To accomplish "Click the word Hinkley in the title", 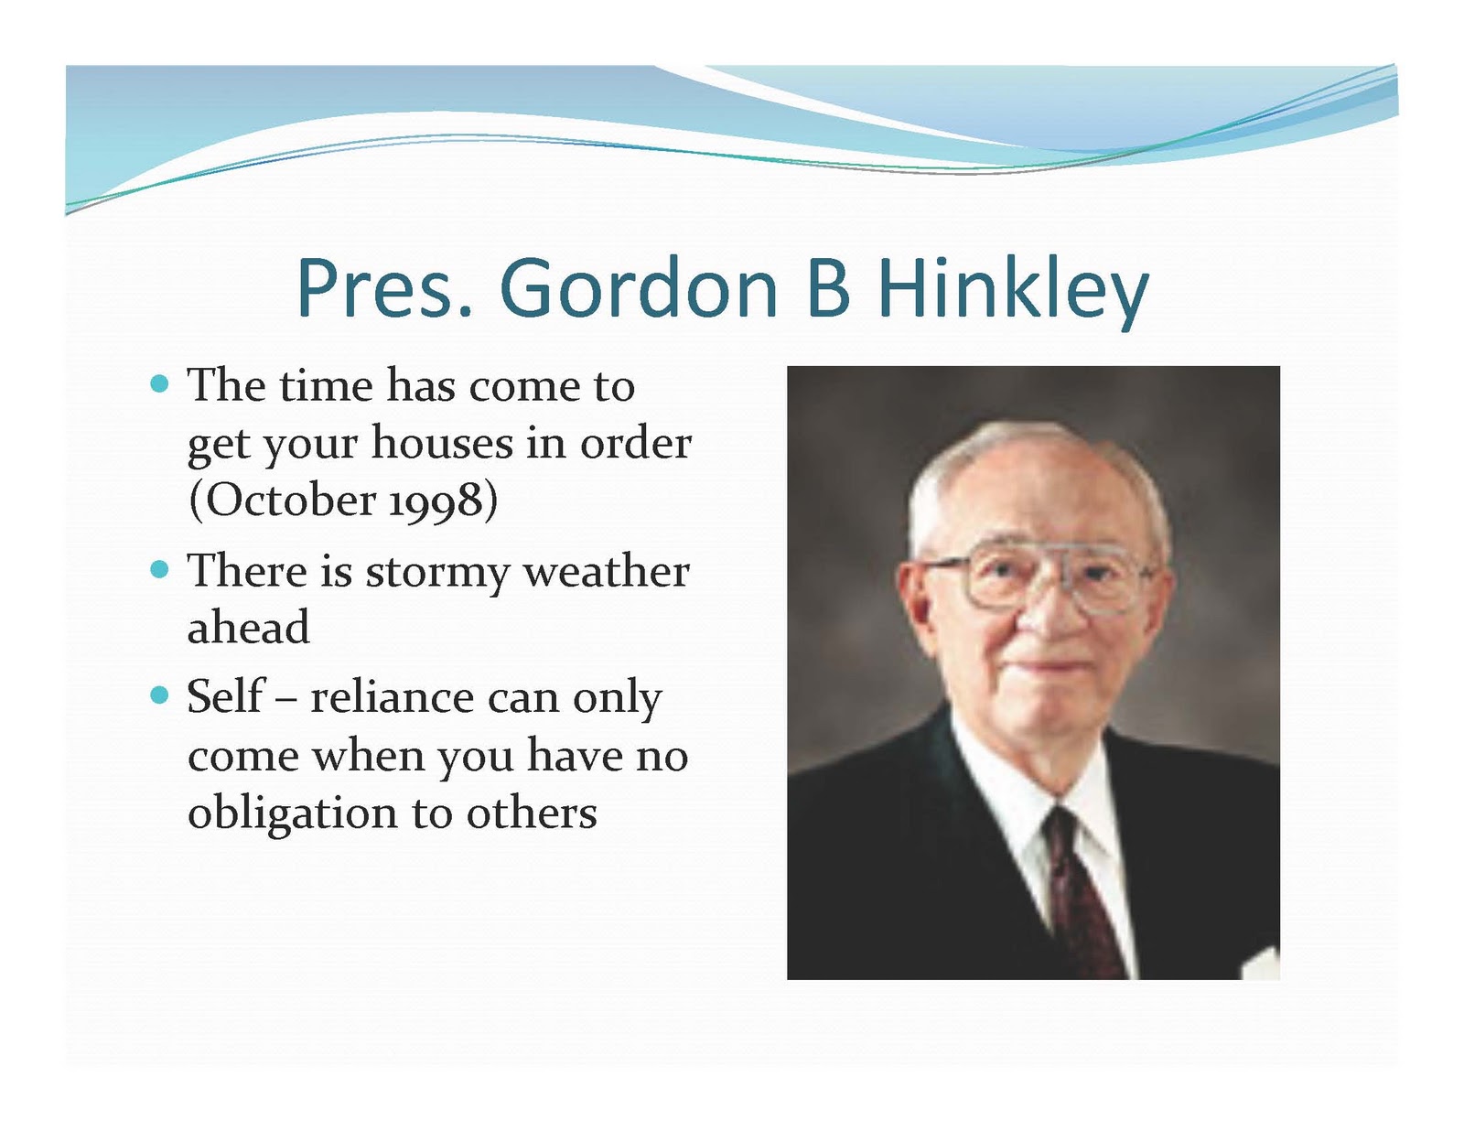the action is pyautogui.click(x=1013, y=290).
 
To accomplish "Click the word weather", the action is pyautogui.click(x=607, y=571).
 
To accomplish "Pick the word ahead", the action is pyautogui.click(x=248, y=627).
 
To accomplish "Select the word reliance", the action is pyautogui.click(x=392, y=696).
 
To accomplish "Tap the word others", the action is pyautogui.click(x=532, y=813).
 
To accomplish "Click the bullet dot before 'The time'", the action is pyautogui.click(x=159, y=384).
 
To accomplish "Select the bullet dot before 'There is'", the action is pyautogui.click(x=159, y=570).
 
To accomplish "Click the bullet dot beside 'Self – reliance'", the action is pyautogui.click(x=159, y=695).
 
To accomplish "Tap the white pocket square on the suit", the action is pyautogui.click(x=1261, y=964).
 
